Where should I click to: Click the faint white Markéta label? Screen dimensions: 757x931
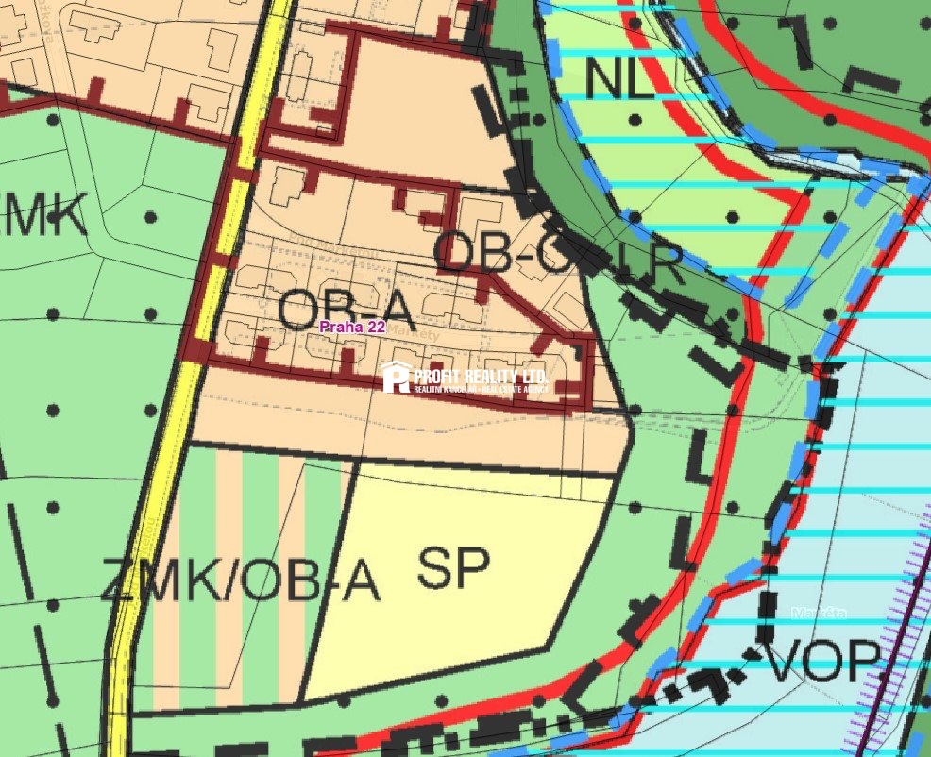(819, 613)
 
